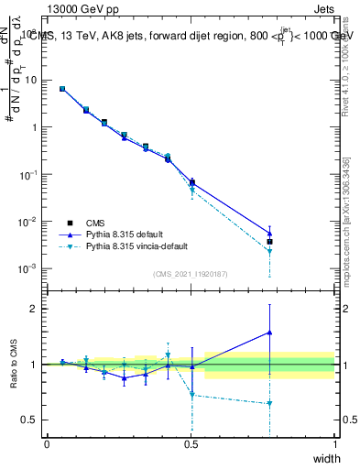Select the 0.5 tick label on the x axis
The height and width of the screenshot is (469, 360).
click(x=191, y=444)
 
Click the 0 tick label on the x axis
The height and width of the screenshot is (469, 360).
click(x=47, y=444)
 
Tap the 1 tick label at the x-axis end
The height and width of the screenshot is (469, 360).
click(x=334, y=444)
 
